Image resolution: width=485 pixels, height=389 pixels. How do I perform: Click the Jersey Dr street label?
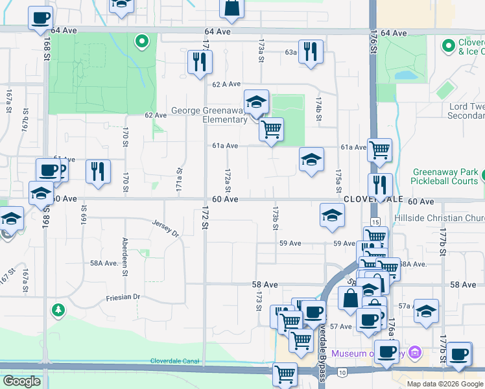[165, 229]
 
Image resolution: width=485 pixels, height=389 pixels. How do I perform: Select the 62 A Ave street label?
[226, 84]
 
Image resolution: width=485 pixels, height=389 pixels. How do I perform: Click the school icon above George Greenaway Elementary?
[256, 102]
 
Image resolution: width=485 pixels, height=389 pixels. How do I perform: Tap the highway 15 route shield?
[375, 222]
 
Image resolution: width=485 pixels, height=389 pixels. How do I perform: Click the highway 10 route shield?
[341, 372]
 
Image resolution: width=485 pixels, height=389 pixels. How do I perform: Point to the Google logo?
[21, 381]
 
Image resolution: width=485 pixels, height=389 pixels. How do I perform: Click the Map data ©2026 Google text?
[445, 384]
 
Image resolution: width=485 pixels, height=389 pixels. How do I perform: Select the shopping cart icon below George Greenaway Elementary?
[271, 129]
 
